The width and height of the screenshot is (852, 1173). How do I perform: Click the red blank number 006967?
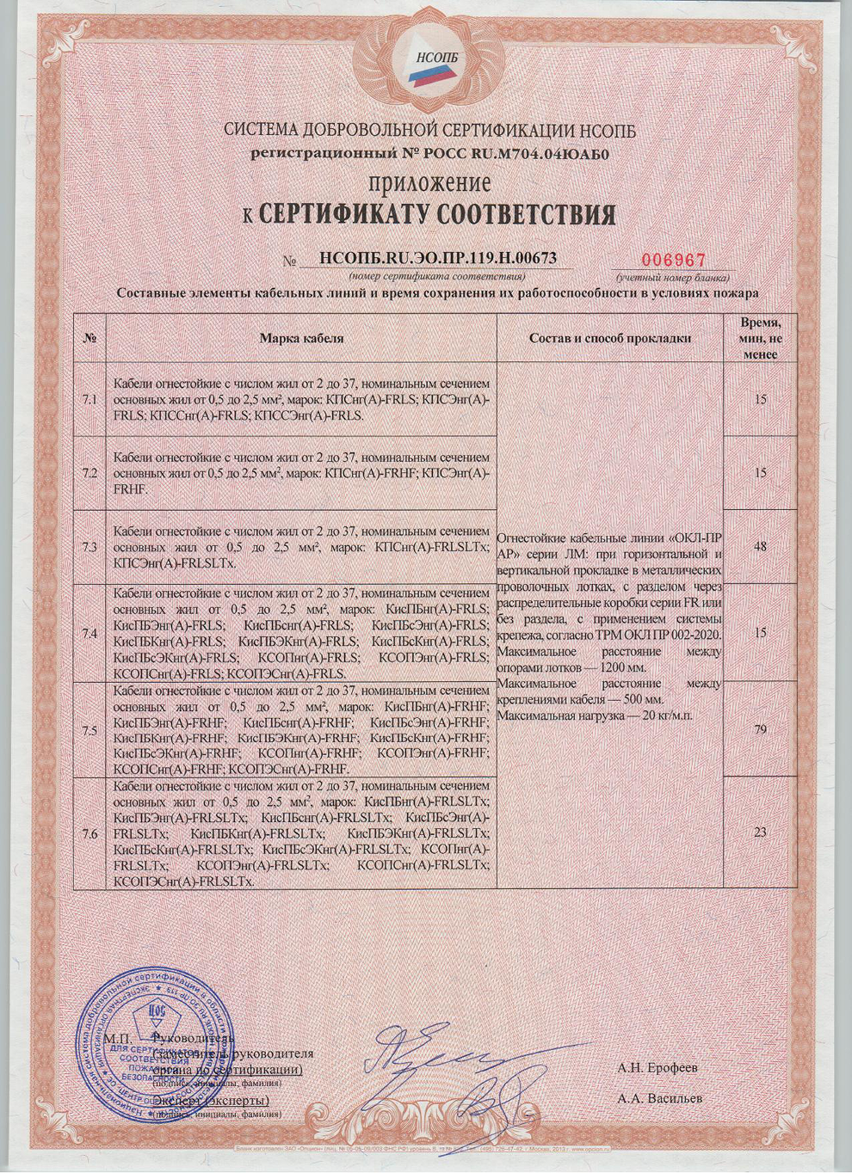point(674,260)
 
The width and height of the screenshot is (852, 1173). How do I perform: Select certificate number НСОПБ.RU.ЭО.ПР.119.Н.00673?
point(437,258)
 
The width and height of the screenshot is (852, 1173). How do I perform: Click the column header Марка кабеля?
point(301,338)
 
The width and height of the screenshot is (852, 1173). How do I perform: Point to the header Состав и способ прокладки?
point(610,338)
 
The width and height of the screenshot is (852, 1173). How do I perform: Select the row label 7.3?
point(90,547)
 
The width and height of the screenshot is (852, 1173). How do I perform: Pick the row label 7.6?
point(90,833)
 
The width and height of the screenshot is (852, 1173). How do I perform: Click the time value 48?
point(759,546)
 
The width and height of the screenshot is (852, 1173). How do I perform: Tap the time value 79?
point(759,730)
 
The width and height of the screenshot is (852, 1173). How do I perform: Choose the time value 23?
point(759,832)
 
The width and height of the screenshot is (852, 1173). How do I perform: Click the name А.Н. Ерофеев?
point(658,1068)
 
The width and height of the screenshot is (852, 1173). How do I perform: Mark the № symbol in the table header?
point(90,338)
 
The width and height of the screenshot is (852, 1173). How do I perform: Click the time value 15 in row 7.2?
point(759,473)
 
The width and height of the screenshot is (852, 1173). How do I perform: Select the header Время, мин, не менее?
point(759,338)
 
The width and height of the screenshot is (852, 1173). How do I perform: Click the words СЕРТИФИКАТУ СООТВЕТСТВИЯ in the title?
point(437,214)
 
